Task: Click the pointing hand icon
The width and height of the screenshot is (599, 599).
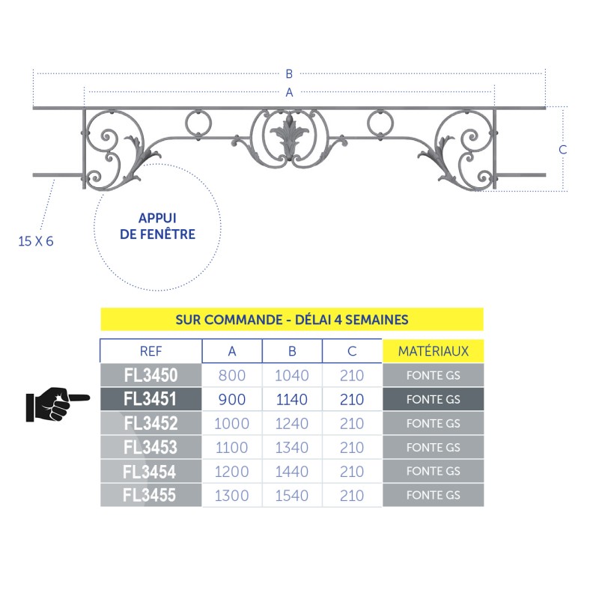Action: pos(58,404)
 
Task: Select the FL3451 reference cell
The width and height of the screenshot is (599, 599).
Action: pos(151,399)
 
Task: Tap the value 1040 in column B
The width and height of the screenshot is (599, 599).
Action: pos(292,376)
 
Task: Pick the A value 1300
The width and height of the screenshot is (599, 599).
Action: pos(232,496)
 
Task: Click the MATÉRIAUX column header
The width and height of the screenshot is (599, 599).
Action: pos(434,351)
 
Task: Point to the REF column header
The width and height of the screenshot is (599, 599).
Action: pos(151,351)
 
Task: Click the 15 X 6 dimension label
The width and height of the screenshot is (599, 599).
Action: pos(36,241)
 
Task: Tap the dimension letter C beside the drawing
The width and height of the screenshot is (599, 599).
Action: pos(563,149)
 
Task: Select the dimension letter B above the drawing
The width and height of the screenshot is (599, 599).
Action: pos(289,73)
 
